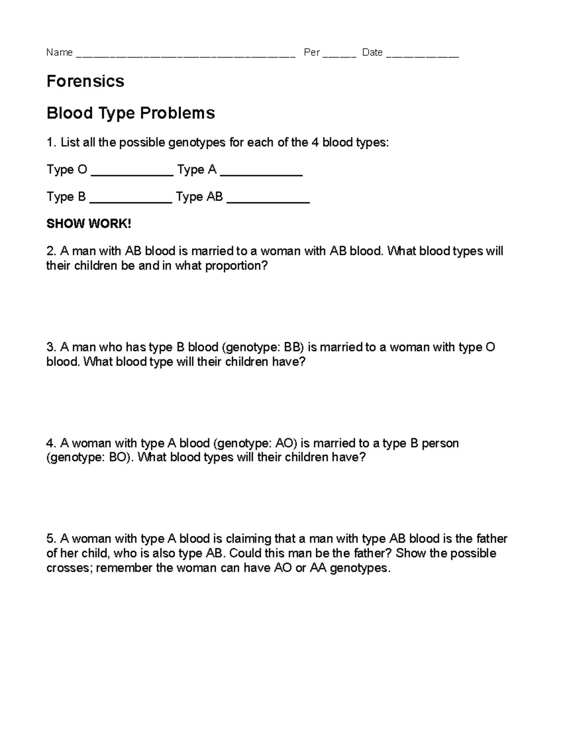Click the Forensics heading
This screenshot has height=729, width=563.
point(85,81)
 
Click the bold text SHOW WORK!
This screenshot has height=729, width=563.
point(89,224)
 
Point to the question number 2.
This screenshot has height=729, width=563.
point(50,251)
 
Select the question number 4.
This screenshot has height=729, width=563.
point(50,443)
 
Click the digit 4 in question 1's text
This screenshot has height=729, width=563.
point(315,143)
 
